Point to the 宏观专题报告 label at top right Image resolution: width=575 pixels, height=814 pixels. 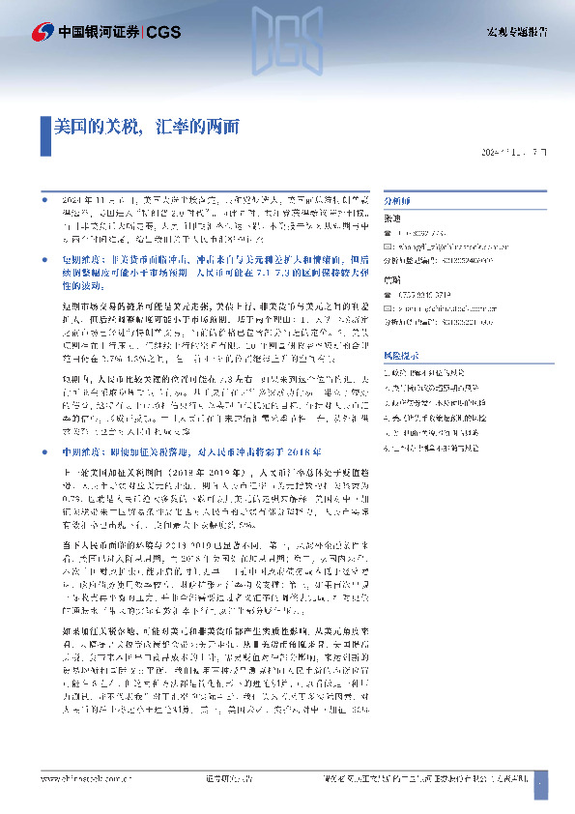(517, 32)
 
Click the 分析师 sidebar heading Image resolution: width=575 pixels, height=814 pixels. (397, 202)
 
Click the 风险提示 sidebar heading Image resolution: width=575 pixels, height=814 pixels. (401, 356)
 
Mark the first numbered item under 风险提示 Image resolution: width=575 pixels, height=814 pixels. (444, 371)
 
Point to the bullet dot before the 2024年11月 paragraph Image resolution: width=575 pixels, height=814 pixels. (44, 197)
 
